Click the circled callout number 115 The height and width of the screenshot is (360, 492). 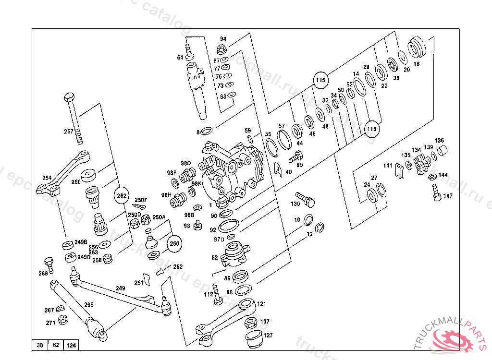(320, 79)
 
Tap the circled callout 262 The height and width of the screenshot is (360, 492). (122, 195)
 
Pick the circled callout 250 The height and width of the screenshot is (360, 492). (174, 244)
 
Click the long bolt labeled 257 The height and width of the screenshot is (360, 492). (73, 118)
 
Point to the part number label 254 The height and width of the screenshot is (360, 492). (47, 178)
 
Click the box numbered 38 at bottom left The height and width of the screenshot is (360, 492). (40, 345)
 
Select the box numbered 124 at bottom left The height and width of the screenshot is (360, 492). (72, 345)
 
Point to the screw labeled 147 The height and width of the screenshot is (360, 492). (436, 193)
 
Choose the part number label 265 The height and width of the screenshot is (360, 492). (89, 304)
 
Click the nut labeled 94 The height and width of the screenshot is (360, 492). (222, 48)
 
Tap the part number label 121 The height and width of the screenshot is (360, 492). (261, 304)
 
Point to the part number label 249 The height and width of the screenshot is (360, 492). (120, 288)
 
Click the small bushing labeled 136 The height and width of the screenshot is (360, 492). (442, 152)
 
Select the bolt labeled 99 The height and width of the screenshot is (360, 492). (295, 156)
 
